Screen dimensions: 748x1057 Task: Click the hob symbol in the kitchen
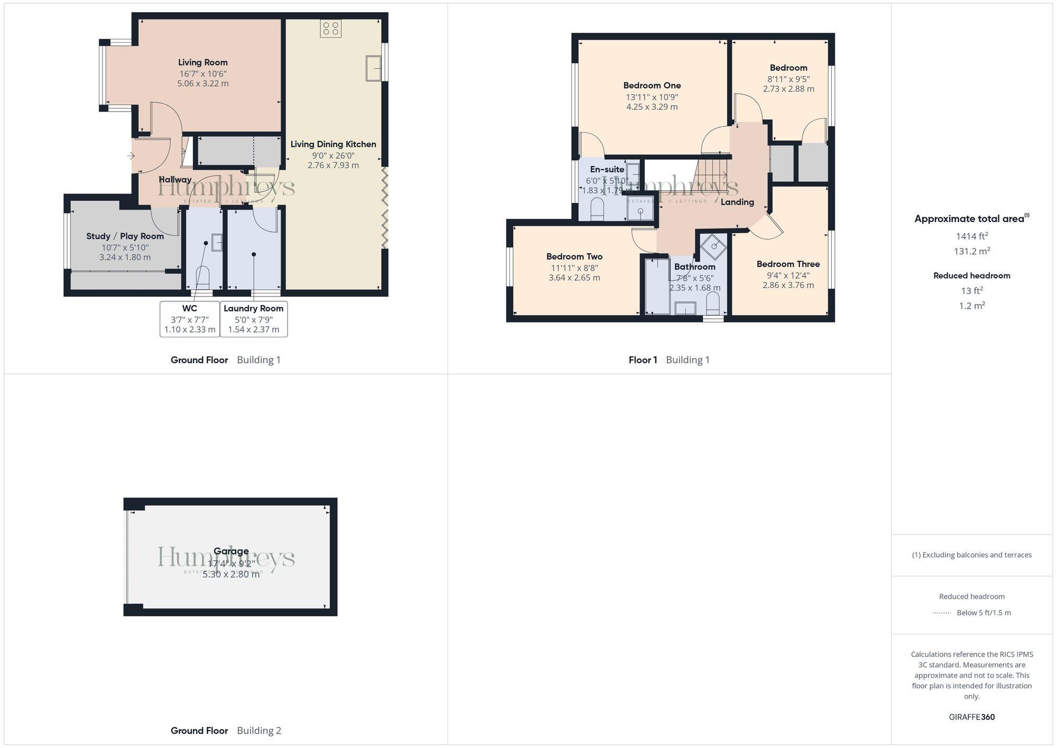[x=331, y=29]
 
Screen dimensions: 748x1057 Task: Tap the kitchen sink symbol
[x=374, y=68]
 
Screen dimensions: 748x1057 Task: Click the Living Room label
[x=203, y=62]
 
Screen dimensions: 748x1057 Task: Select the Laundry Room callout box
[x=254, y=319]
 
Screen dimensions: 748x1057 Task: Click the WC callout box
[x=190, y=319]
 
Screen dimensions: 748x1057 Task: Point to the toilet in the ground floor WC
[x=203, y=277]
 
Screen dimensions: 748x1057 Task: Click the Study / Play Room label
[x=125, y=236]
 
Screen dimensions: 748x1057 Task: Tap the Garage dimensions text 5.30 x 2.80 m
[x=231, y=575]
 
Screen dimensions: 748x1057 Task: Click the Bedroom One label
[x=652, y=86]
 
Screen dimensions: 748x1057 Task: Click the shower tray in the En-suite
[x=640, y=211]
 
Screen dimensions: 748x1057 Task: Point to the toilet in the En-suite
[x=597, y=209]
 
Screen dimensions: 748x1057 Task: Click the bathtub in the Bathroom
[x=657, y=287]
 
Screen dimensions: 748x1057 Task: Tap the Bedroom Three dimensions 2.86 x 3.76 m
[x=788, y=285]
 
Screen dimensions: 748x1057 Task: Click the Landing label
[x=737, y=202]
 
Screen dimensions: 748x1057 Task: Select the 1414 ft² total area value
[x=971, y=236]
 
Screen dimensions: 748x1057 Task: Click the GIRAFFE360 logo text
[x=971, y=717]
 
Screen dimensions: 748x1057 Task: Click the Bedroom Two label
[x=574, y=257]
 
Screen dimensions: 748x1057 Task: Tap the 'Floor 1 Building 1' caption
[x=669, y=360]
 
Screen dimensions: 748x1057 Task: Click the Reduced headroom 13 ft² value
[x=971, y=291]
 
